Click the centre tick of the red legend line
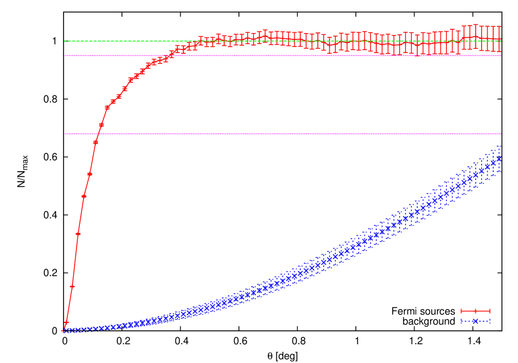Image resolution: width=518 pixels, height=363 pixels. [476, 311]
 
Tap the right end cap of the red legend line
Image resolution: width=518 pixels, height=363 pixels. [490, 311]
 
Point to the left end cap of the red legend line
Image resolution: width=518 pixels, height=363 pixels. [461, 311]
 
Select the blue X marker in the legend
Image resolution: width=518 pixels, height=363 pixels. [476, 321]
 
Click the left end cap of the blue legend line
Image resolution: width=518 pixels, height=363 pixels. [461, 321]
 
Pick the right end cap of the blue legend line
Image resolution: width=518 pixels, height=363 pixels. [490, 321]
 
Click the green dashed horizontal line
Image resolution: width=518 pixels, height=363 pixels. [281, 41]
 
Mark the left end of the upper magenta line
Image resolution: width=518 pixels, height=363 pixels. [64, 56]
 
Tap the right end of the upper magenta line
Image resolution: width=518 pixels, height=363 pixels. [501, 56]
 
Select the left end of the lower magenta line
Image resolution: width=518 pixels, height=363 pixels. [64, 134]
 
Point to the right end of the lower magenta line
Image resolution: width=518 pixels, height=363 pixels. [501, 134]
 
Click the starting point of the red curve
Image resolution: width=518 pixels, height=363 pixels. [64, 331]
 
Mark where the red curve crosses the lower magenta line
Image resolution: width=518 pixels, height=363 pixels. [98, 134]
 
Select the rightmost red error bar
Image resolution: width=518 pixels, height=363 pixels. [499, 39]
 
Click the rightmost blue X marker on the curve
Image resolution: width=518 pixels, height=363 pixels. [499, 159]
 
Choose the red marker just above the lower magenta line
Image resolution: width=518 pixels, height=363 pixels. [101, 125]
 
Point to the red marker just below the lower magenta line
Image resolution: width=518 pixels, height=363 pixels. [95, 142]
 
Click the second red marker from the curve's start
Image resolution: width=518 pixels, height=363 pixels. [67, 322]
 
